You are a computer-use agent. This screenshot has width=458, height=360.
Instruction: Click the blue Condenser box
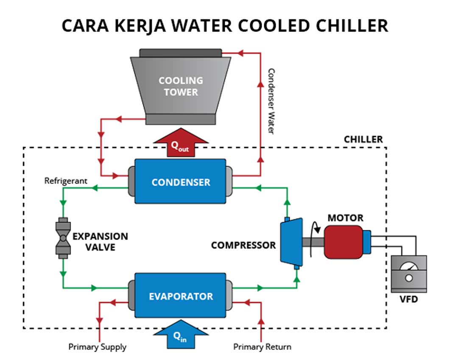click(x=180, y=181)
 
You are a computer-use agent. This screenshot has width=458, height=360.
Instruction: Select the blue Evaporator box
click(x=180, y=296)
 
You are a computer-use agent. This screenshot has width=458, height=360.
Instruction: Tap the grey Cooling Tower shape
click(x=181, y=87)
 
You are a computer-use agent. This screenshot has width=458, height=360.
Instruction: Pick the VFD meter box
click(x=408, y=273)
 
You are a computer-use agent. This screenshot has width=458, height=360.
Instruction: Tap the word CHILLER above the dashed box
click(x=363, y=140)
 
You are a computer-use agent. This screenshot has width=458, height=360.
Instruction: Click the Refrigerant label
click(x=66, y=181)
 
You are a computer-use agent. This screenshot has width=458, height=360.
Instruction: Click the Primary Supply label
click(x=98, y=347)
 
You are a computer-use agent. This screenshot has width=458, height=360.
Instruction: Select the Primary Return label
click(x=262, y=347)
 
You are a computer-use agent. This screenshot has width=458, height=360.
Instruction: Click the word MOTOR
click(x=345, y=218)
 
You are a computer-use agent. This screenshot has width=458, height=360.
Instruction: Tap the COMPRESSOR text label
click(x=243, y=245)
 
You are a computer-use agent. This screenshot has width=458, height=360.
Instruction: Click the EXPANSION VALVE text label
click(x=100, y=241)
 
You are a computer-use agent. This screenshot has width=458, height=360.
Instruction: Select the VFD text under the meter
click(x=408, y=299)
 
